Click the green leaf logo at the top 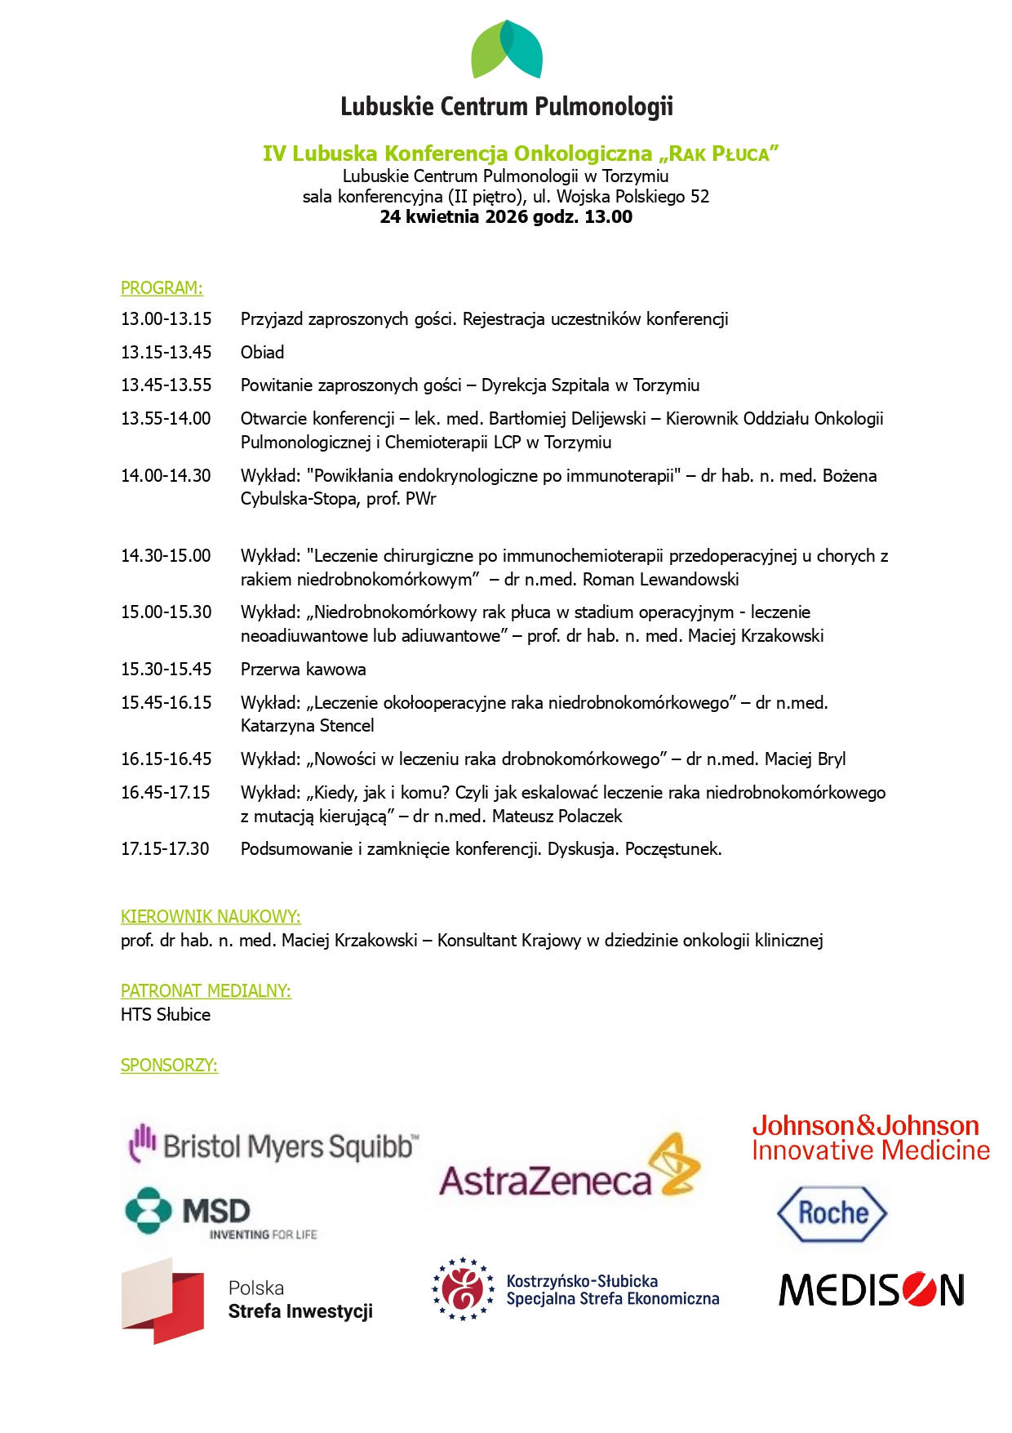click(506, 50)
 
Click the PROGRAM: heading click(162, 288)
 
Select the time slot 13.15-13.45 click(166, 353)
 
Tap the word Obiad click(262, 353)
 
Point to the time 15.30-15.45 click(166, 670)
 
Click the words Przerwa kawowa click(303, 670)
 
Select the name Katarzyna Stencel click(307, 726)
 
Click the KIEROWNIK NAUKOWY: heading click(211, 917)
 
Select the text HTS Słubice click(166, 1015)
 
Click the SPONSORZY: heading click(169, 1066)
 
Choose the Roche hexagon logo click(832, 1213)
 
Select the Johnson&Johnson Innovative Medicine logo click(870, 1138)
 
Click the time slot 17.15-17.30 click(165, 849)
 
